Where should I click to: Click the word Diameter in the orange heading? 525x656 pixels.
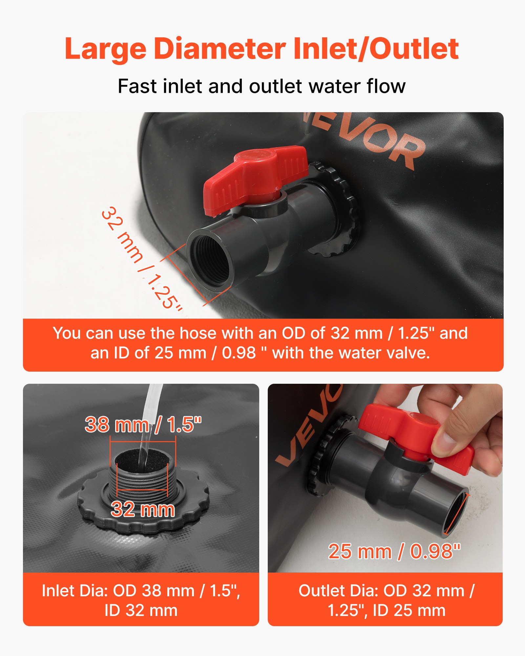[x=220, y=49]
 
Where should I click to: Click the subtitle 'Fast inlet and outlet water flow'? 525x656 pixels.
[x=262, y=87]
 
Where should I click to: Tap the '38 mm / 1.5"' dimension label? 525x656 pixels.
[x=143, y=424]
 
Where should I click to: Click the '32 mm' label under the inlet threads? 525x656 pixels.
[x=143, y=509]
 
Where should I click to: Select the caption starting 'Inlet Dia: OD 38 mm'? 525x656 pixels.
[x=141, y=600]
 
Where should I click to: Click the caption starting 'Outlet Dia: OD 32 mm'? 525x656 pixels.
[x=386, y=600]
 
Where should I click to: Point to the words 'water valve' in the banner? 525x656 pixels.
[x=389, y=353]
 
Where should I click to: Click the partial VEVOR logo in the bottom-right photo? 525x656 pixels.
[x=305, y=426]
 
